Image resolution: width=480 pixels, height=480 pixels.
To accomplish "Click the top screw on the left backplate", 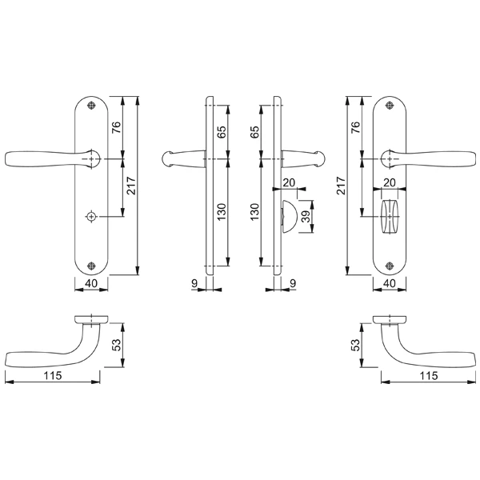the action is coord(91,106).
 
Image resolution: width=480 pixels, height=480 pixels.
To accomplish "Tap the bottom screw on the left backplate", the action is coord(91,266).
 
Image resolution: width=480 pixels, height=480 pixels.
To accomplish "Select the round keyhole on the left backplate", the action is coord(91,217).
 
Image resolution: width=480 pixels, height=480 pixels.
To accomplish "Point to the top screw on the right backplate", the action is coord(390,106).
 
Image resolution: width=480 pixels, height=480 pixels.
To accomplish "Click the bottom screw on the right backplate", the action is coord(390,266).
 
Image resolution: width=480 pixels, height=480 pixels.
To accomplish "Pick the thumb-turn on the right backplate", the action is coord(390,217).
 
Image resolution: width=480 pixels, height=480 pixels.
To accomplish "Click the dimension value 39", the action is coord(306,217).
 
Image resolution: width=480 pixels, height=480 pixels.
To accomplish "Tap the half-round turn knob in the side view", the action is coord(289,217).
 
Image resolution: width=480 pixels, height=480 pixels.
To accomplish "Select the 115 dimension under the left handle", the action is coord(53,375).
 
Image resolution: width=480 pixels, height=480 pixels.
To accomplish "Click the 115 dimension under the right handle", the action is coord(429,376).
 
